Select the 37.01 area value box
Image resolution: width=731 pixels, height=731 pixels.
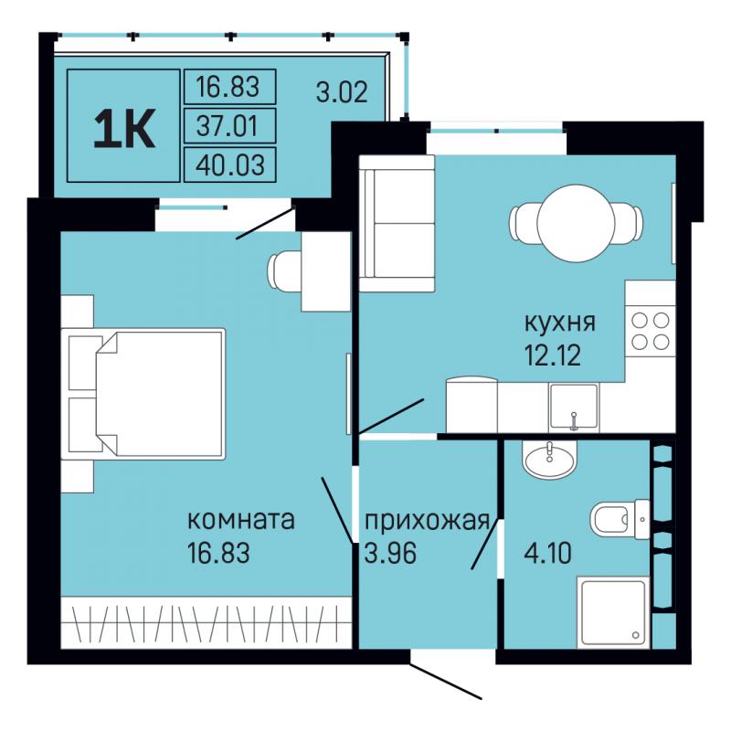(x=230, y=125)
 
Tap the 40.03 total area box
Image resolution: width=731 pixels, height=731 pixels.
(x=230, y=164)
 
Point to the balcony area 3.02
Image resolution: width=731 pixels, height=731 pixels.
(x=342, y=92)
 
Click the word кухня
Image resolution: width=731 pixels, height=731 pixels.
(x=560, y=323)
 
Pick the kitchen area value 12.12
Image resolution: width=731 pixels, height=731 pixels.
(x=553, y=355)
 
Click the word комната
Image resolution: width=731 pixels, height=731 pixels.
(x=241, y=519)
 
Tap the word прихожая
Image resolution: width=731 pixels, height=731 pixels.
(x=427, y=522)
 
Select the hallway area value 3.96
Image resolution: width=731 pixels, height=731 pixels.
(x=390, y=554)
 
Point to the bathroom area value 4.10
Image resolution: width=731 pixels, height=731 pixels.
(x=547, y=554)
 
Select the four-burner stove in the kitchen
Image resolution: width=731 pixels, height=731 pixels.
(x=651, y=332)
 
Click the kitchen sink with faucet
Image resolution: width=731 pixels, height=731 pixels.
(x=574, y=406)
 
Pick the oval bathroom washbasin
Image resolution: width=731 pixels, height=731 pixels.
(x=550, y=459)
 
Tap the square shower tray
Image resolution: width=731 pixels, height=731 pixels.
(x=613, y=612)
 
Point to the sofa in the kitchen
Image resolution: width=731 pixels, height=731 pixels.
(x=397, y=224)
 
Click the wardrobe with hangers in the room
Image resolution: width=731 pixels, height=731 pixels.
(x=207, y=622)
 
